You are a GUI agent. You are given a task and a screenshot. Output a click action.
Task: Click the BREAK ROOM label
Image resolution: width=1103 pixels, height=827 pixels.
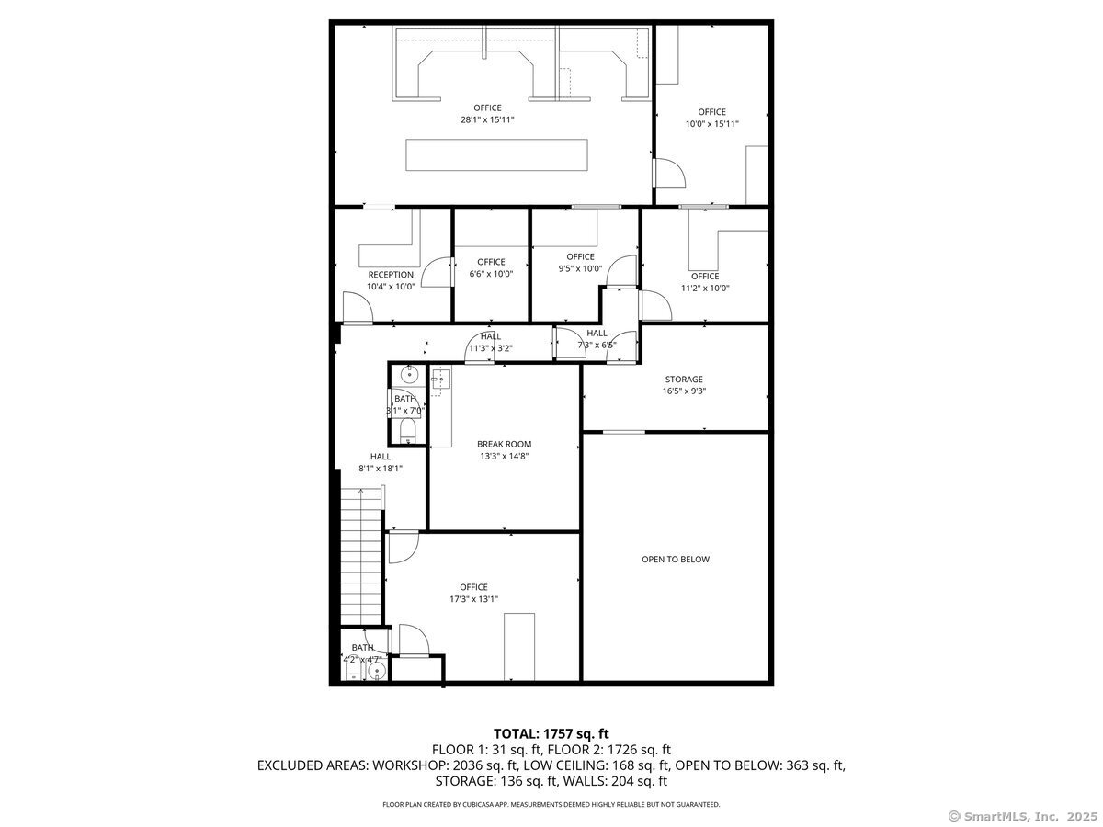504,444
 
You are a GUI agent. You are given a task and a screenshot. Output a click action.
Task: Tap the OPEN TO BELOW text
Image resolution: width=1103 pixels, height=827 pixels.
675,559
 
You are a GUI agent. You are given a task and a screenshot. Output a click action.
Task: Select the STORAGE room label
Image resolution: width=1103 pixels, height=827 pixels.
684,380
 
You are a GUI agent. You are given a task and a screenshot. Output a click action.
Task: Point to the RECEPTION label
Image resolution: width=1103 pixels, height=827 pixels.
391,275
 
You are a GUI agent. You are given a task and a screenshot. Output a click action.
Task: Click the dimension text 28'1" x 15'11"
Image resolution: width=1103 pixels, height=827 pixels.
487,119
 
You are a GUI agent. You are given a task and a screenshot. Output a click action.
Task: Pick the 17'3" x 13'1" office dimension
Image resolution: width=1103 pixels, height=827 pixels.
473,598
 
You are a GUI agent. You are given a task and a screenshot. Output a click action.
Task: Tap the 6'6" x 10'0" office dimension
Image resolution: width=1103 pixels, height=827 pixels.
491,274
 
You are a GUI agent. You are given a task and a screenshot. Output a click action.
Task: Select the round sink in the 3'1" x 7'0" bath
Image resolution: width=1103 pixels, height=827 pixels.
409,374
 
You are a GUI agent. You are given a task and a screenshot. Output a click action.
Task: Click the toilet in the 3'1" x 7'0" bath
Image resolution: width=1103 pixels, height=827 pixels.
407,431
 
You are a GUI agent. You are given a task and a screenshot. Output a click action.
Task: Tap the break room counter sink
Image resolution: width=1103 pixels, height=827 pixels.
440,380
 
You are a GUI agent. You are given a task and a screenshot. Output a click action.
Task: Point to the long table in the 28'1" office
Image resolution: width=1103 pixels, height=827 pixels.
496,154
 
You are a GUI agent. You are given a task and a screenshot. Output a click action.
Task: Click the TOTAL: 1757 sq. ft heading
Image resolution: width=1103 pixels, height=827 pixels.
551,734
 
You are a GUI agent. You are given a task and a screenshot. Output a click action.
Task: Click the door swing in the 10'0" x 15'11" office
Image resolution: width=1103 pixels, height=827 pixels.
669,174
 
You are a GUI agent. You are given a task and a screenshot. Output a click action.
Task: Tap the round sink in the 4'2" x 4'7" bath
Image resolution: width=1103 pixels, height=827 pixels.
376,671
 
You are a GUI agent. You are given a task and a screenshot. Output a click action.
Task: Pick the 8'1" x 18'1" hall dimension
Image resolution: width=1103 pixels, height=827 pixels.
380,469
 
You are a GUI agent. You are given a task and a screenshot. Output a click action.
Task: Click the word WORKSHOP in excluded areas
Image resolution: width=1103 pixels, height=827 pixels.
410,765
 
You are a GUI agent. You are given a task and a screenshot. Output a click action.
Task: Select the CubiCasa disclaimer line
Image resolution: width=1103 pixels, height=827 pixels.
551,804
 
